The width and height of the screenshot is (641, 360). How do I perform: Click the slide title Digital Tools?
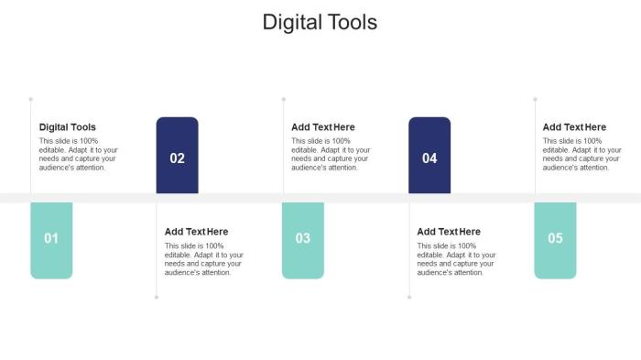pos(320,22)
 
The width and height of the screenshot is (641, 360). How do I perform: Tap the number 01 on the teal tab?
pos(51,238)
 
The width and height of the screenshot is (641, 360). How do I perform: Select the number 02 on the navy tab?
pos(178,158)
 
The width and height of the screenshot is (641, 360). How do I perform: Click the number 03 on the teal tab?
pos(303,238)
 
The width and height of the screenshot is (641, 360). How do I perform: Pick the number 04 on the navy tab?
pos(429,158)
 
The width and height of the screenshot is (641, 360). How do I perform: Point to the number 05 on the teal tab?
pos(555,238)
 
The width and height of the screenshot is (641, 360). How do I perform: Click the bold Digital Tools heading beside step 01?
pos(68,127)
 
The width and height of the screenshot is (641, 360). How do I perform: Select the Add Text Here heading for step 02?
pos(197,232)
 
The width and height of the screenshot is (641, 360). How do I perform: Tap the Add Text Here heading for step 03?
pos(323,127)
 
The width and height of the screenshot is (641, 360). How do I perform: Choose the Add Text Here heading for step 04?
pos(449,232)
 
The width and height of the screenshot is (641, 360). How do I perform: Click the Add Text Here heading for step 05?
pos(574,127)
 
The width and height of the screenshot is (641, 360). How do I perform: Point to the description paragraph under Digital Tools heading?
pos(78,154)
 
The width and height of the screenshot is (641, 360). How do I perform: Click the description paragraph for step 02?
pos(203,258)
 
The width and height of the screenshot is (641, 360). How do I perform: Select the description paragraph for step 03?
pos(331,154)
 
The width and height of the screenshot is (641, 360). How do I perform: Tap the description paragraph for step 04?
pos(456,258)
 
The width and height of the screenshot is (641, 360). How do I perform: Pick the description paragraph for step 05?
pos(582,154)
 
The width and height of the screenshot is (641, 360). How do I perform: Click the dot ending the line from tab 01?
pos(31,99)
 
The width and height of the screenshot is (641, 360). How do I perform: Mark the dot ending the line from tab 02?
pos(157,297)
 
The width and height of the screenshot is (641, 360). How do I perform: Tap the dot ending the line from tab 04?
pos(409,297)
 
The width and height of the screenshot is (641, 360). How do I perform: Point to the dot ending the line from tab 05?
pos(536,99)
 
